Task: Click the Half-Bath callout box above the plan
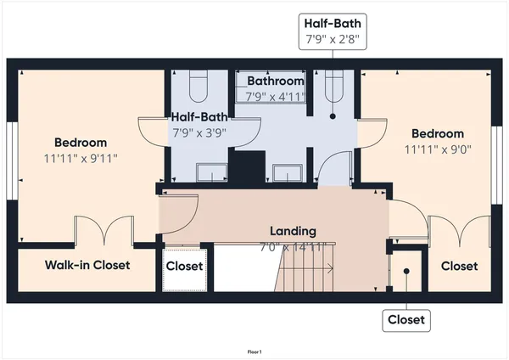click(333, 31)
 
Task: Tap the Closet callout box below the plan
click(406, 320)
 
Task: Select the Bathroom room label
click(275, 81)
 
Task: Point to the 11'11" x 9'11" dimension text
click(81, 158)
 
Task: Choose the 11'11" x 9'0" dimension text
click(437, 149)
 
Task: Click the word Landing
click(293, 231)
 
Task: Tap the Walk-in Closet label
click(87, 265)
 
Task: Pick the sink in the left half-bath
click(211, 173)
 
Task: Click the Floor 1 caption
click(255, 352)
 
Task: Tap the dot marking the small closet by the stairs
click(406, 272)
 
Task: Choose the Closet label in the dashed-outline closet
click(184, 267)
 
